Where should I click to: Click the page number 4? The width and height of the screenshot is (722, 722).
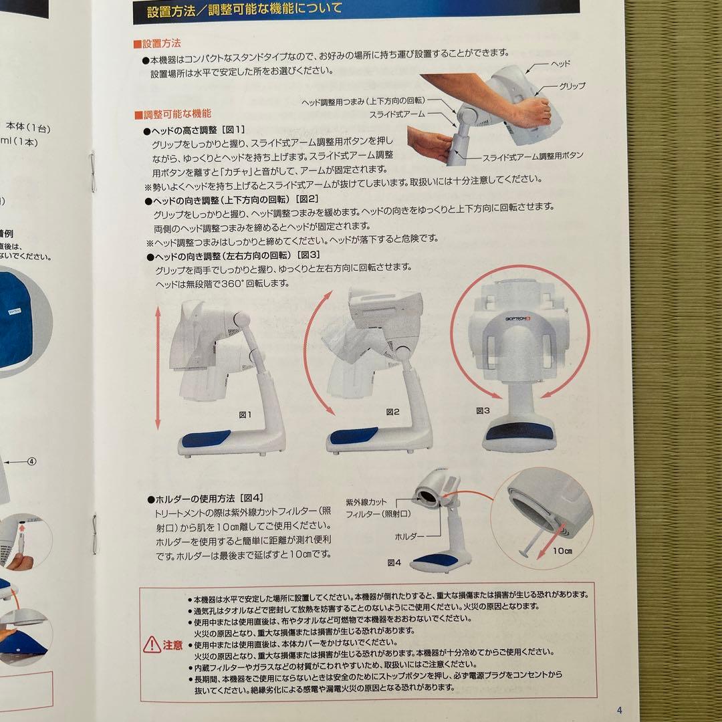[619, 711]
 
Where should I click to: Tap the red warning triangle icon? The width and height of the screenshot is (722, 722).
[152, 645]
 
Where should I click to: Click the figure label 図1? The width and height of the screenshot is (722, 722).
[245, 414]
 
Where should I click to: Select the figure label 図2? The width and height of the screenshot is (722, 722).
[392, 412]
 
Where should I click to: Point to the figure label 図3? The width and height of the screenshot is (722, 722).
[483, 410]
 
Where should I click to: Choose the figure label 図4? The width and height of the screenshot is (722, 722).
[394, 562]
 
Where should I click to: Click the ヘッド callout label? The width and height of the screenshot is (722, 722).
[560, 64]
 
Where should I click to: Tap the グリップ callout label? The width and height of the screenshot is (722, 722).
[572, 86]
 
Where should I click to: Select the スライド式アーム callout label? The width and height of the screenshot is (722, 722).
[397, 114]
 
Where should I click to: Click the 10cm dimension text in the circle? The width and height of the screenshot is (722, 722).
[563, 552]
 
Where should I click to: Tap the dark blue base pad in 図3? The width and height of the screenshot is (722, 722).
[519, 431]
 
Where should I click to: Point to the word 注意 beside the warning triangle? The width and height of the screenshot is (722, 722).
[173, 645]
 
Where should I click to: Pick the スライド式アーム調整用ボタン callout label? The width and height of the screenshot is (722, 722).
[533, 156]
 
